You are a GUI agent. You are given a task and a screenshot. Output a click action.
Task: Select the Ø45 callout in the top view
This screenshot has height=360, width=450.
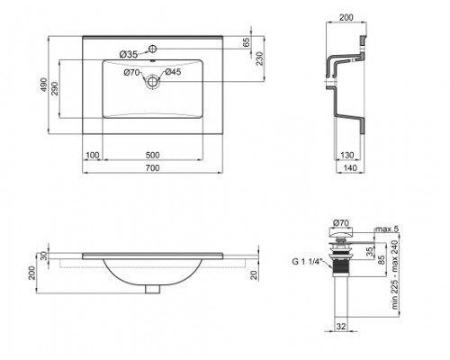[173, 71]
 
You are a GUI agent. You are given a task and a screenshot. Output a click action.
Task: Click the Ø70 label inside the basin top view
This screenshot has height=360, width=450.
[130, 71]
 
